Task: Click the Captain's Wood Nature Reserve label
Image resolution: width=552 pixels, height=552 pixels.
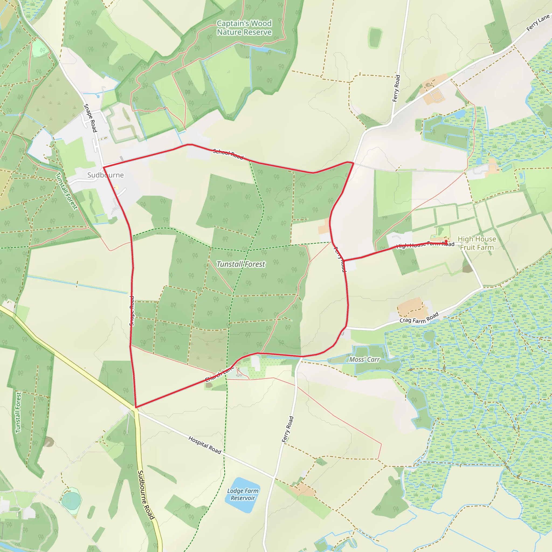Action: pyautogui.click(x=244, y=28)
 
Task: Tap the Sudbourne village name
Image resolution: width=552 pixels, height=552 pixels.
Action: pyautogui.click(x=105, y=175)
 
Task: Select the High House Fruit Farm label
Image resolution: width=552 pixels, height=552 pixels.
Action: pyautogui.click(x=477, y=243)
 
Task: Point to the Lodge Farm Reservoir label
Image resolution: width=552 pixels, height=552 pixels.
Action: pyautogui.click(x=243, y=494)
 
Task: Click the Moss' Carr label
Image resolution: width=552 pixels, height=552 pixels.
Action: pyautogui.click(x=364, y=360)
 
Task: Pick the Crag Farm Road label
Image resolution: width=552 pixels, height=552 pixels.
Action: pyautogui.click(x=419, y=318)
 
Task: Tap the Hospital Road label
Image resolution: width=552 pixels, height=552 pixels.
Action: pyautogui.click(x=205, y=445)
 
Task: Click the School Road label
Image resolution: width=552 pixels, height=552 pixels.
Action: pyautogui.click(x=228, y=154)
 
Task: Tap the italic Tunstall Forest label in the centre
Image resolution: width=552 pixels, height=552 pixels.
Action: pyautogui.click(x=241, y=264)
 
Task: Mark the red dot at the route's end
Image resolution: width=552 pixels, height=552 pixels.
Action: pyautogui.click(x=446, y=241)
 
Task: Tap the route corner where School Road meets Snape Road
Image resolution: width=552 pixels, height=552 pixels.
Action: pyautogui.click(x=103, y=167)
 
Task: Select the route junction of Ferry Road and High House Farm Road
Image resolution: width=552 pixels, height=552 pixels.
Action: pyautogui.click(x=344, y=261)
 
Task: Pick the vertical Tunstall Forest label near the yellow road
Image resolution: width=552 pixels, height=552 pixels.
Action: pyautogui.click(x=18, y=412)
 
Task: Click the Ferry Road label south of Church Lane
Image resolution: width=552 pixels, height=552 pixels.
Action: pyautogui.click(x=288, y=429)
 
